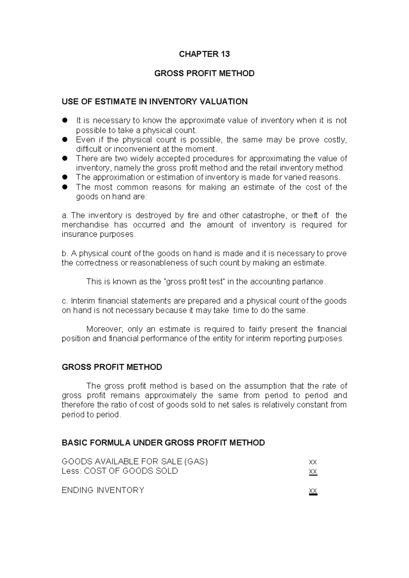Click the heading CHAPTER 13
tap(204, 54)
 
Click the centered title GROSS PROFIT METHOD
tap(204, 74)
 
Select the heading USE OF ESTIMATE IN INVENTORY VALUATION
tap(154, 102)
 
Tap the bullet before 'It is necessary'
tap(65, 120)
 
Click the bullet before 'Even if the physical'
tap(65, 139)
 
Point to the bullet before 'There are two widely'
tap(65, 158)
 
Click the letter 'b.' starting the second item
tap(65, 254)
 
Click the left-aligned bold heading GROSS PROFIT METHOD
tap(112, 367)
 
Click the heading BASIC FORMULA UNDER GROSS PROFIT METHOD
tap(163, 443)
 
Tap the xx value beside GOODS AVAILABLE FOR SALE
tap(313, 462)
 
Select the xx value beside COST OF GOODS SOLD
tap(313, 472)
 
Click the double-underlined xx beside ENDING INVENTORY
tap(313, 491)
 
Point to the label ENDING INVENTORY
tap(103, 490)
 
